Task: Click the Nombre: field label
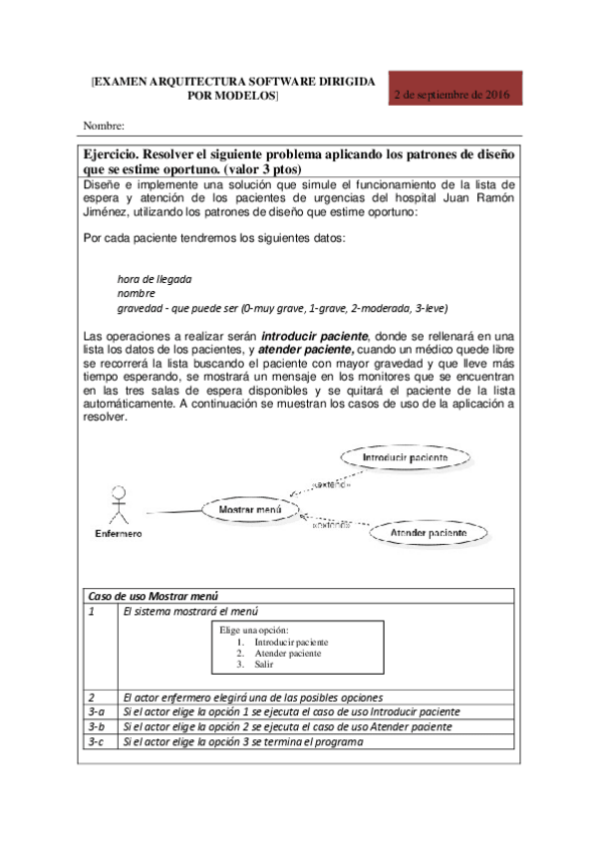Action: click(x=103, y=127)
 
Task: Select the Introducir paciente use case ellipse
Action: click(x=405, y=457)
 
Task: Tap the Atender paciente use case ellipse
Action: click(x=429, y=534)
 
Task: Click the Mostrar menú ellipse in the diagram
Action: click(x=250, y=510)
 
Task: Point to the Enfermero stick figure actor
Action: click(x=119, y=504)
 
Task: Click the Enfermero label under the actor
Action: click(x=118, y=533)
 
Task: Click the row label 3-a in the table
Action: click(x=97, y=711)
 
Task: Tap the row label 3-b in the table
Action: click(x=97, y=726)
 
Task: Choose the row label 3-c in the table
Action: click(x=97, y=741)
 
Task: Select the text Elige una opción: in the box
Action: click(x=254, y=631)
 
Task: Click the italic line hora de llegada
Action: click(x=154, y=279)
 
